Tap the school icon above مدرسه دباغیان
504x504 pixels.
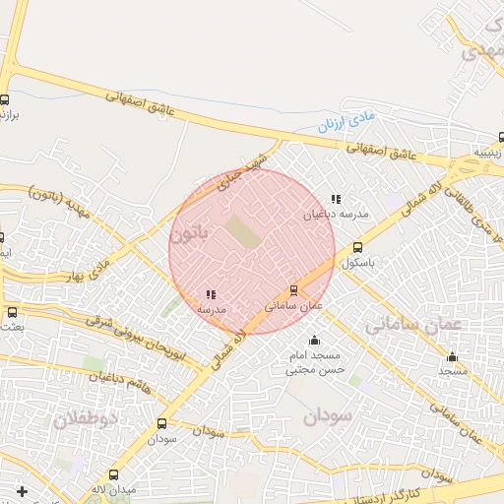point(336,199)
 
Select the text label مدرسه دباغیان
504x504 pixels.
point(336,214)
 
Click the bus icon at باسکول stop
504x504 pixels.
point(357,248)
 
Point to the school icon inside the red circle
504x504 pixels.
point(211,293)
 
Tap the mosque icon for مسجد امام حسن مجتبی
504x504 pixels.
point(314,341)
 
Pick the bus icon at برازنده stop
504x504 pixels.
point(5,99)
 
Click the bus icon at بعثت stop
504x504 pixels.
point(13,312)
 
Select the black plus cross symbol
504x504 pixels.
point(22,489)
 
